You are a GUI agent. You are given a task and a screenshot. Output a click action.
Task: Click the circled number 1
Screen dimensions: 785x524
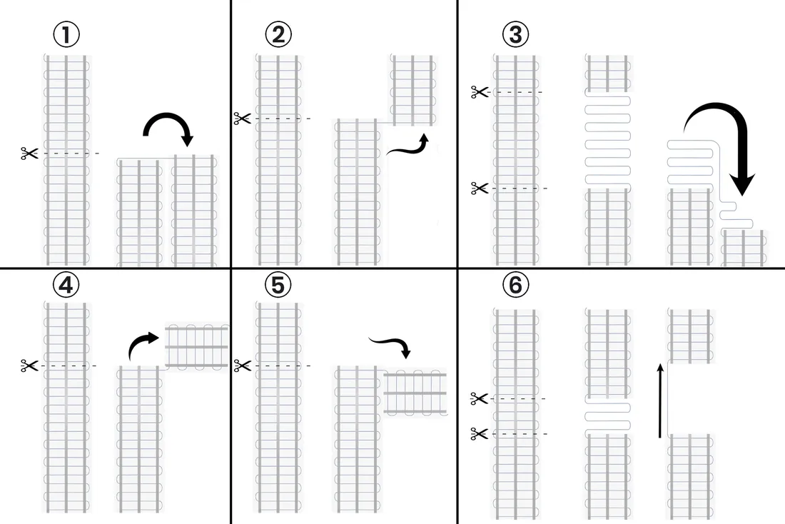(x=66, y=34)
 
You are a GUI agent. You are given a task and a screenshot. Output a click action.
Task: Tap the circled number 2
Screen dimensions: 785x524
(x=278, y=34)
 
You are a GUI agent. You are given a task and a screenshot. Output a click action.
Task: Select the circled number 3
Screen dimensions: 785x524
(x=516, y=34)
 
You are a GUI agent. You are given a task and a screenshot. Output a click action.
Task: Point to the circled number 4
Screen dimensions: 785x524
(x=66, y=285)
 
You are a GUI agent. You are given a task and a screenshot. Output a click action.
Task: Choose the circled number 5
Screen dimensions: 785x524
(x=278, y=285)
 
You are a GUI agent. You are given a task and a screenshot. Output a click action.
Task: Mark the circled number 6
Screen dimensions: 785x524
(x=516, y=285)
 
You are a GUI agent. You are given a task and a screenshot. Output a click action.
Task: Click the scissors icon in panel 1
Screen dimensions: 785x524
(x=29, y=153)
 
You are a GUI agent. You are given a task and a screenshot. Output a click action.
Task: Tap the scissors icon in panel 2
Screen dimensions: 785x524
(x=242, y=119)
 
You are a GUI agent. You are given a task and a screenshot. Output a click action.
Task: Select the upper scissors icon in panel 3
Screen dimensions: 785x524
(x=479, y=91)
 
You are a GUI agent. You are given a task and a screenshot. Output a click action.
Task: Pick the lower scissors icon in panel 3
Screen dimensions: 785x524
(x=479, y=188)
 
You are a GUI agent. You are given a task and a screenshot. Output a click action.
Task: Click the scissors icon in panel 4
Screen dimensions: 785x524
(x=29, y=366)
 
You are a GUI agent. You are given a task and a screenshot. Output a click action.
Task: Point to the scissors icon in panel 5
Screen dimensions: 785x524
(x=242, y=366)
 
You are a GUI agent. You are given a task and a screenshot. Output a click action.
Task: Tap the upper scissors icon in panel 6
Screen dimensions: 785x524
(x=479, y=399)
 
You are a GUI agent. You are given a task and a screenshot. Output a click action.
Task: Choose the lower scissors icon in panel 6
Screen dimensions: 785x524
(x=479, y=433)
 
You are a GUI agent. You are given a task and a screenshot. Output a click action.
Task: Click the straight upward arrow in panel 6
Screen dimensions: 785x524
(x=660, y=400)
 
